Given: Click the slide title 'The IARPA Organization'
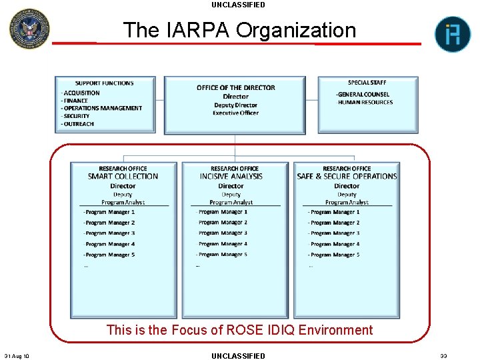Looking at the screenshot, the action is [239, 30].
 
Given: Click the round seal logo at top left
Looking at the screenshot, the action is [29, 28].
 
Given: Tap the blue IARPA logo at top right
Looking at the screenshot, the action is [453, 34].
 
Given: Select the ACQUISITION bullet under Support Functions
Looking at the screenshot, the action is [81, 93].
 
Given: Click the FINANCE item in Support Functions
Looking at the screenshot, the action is [76, 101].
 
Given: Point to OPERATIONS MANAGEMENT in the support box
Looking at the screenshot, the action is [102, 108].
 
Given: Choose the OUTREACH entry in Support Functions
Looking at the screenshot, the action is [79, 124].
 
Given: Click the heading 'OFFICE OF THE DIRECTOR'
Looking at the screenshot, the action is [235, 88].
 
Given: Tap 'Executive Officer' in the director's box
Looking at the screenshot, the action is [235, 113].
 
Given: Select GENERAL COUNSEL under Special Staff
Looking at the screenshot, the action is [363, 94].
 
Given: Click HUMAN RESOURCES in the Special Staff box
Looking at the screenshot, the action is [365, 102].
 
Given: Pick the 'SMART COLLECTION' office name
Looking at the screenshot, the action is [123, 177].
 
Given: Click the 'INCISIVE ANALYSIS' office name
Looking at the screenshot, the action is [231, 177].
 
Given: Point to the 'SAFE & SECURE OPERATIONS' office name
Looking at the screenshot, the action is [347, 177].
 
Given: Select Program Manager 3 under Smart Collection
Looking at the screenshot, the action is [110, 233].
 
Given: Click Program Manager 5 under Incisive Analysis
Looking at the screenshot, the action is [223, 255].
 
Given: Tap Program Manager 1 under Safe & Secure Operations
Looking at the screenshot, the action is [335, 212].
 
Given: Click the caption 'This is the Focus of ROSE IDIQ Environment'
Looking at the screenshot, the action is [239, 330].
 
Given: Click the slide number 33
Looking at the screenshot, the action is [443, 356].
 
